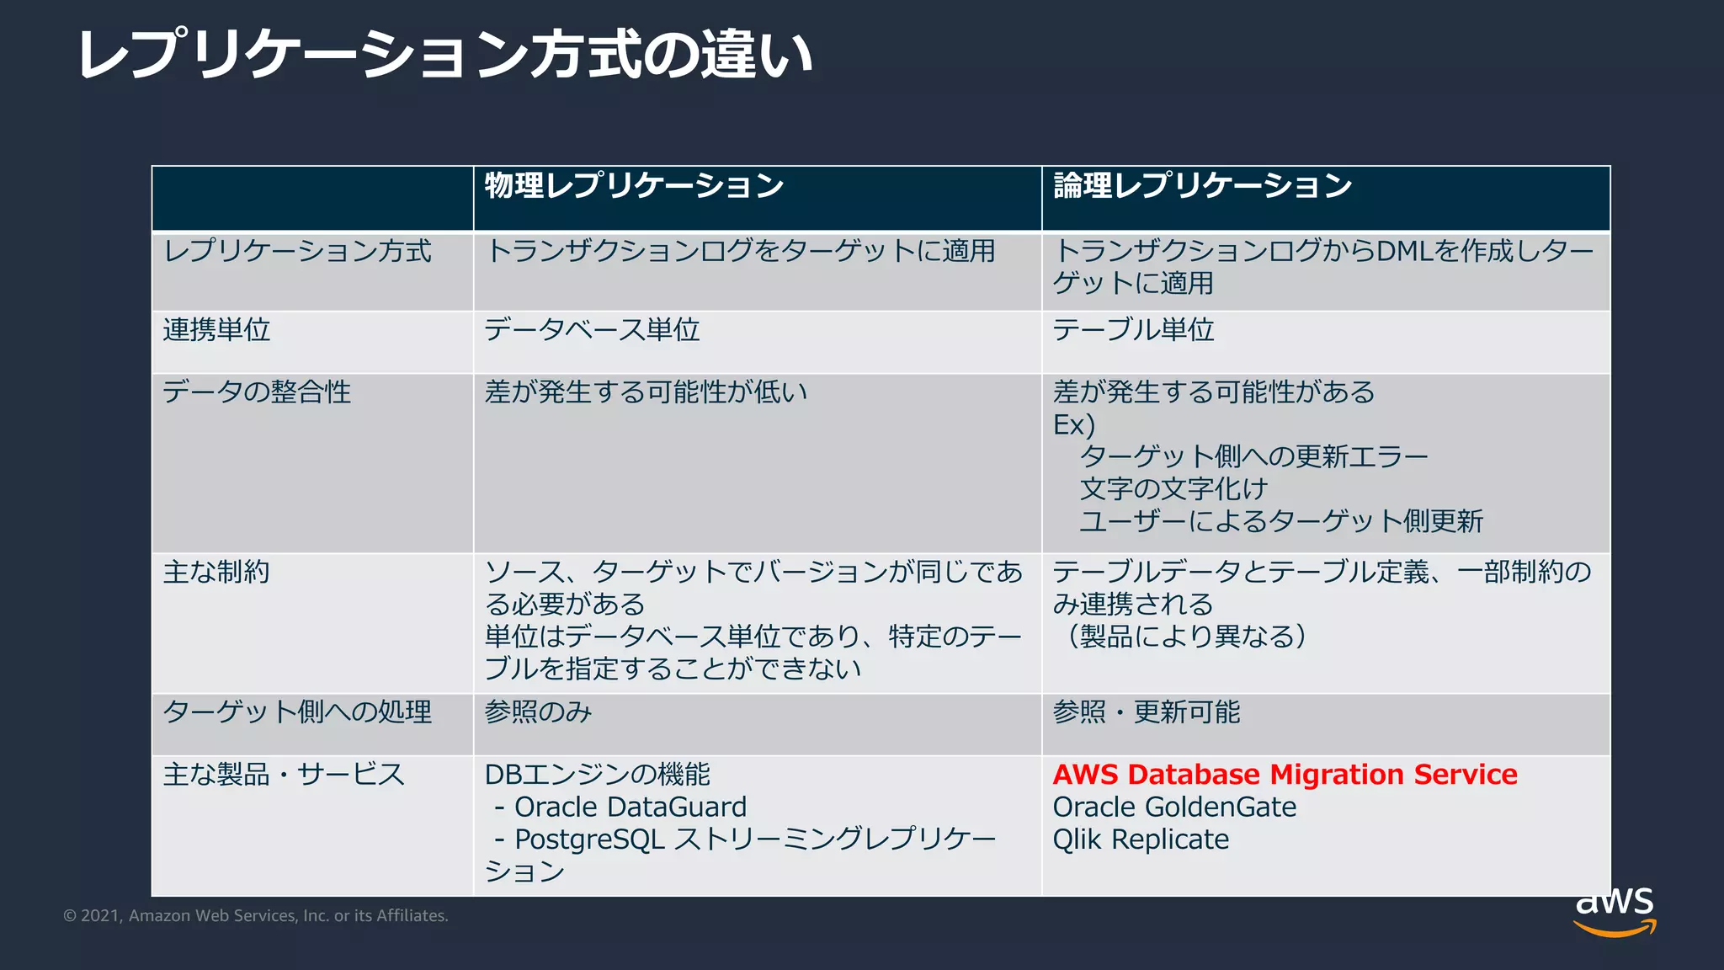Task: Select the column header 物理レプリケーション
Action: tap(634, 186)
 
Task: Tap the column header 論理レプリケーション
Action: tap(1202, 186)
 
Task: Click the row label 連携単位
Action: tap(216, 330)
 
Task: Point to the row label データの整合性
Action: tap(257, 392)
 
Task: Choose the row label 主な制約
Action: tap(216, 573)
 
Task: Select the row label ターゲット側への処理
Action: tap(296, 712)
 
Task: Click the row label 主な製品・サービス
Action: tap(284, 775)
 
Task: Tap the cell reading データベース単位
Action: tap(592, 330)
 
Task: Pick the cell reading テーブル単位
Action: tap(1133, 330)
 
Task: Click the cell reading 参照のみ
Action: tap(538, 712)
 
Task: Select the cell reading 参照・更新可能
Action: tap(1147, 712)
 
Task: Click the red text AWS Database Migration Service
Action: tap(1285, 775)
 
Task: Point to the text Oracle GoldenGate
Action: tap(1174, 807)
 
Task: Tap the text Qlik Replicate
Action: tap(1141, 839)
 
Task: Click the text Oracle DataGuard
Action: tap(630, 807)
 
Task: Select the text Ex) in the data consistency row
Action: tap(1073, 425)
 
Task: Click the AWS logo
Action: tap(1615, 911)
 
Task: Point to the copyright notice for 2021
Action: tap(256, 916)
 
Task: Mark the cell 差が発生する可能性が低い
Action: tap(646, 392)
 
